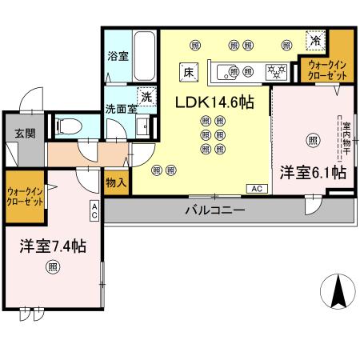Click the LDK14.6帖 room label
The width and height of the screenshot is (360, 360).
pyautogui.click(x=211, y=102)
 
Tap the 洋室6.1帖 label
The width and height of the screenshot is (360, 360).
pyautogui.click(x=313, y=171)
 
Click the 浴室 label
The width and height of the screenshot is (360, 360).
pyautogui.click(x=118, y=57)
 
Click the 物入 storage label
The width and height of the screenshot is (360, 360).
pyautogui.click(x=116, y=182)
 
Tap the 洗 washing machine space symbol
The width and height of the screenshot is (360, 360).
pyautogui.click(x=146, y=95)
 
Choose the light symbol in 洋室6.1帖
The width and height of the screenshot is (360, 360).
pyautogui.click(x=312, y=139)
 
